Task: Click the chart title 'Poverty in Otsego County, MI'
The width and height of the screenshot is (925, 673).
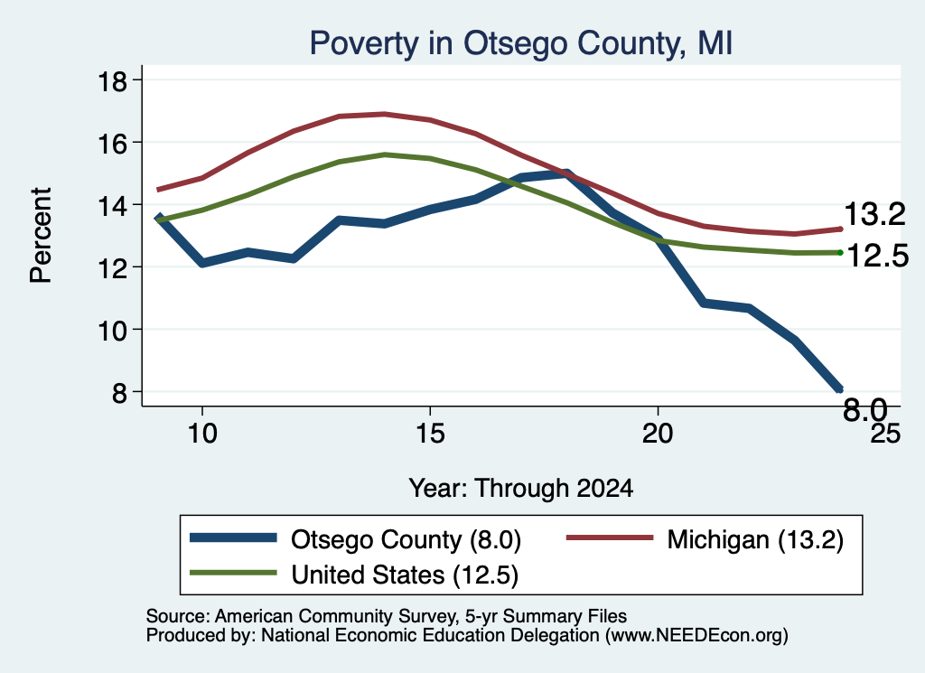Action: tap(521, 44)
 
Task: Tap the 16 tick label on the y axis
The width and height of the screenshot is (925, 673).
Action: tap(112, 144)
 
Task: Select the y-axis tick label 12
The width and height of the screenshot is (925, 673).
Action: tap(112, 267)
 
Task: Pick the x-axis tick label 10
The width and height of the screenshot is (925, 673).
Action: tap(202, 434)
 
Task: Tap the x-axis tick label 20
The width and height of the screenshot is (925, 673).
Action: tap(658, 434)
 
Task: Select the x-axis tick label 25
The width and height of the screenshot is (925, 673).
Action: tap(885, 434)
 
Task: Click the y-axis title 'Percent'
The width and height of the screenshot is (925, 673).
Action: tap(41, 236)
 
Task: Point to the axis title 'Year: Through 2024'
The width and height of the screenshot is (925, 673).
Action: tap(521, 489)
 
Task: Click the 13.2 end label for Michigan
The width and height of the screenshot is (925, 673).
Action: tap(874, 213)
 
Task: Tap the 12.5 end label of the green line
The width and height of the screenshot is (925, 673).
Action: tap(878, 256)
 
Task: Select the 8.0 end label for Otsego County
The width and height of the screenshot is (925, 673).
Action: tap(864, 409)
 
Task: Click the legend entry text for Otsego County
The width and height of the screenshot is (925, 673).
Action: tap(406, 539)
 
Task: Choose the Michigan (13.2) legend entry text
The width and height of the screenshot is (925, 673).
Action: tap(755, 539)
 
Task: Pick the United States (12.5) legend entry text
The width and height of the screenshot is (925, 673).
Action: tap(405, 575)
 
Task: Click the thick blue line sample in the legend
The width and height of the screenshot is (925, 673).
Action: tap(233, 537)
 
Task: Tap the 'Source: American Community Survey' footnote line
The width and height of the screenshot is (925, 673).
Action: tap(387, 616)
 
